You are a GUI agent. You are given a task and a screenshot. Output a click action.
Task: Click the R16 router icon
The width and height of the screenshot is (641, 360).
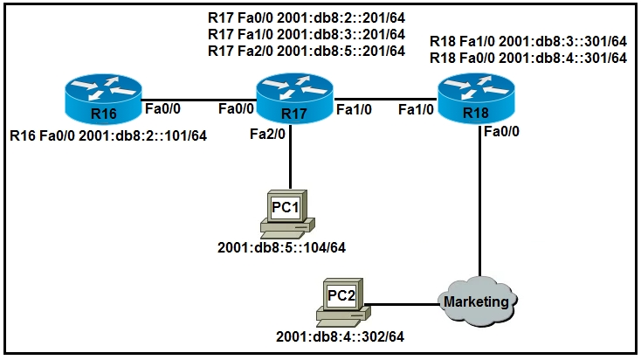(x=103, y=99)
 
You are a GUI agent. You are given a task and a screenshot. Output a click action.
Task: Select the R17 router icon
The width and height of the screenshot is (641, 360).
(x=295, y=99)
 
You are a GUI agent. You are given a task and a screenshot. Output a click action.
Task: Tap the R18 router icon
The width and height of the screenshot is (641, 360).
(x=476, y=98)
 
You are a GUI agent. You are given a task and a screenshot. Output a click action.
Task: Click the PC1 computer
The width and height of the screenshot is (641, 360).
(x=287, y=214)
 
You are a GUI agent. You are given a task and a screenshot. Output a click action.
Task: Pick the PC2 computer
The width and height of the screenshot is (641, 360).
(x=343, y=302)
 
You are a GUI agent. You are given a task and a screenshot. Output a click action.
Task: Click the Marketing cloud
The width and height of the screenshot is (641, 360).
(x=477, y=301)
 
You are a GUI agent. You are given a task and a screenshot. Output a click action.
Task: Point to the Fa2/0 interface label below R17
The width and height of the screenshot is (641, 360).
(x=268, y=134)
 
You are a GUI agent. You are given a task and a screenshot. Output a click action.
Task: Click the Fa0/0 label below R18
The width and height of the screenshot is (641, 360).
(x=501, y=131)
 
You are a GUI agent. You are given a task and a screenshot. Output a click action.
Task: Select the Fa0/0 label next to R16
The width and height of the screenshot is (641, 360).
(x=162, y=109)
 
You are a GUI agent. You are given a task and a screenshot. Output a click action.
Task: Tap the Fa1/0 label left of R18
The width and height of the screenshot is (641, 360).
(x=417, y=109)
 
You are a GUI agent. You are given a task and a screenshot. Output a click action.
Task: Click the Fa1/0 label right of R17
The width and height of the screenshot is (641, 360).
(x=354, y=109)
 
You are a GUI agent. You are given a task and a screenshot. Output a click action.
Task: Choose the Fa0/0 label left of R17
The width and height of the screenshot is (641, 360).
(x=237, y=109)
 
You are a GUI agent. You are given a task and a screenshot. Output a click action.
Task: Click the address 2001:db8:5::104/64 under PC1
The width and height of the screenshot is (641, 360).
(x=282, y=247)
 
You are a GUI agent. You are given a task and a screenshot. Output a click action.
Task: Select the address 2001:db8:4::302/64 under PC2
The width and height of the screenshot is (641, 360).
(x=340, y=336)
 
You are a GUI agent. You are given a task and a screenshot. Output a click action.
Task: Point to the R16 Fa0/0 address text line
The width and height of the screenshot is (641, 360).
(x=108, y=135)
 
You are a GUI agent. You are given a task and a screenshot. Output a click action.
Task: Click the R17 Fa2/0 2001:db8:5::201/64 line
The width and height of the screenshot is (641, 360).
(x=307, y=52)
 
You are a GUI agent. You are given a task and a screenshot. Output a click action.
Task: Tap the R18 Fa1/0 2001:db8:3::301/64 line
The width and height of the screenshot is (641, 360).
(x=528, y=41)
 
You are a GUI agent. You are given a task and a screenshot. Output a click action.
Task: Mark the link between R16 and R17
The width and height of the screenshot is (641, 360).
(x=199, y=100)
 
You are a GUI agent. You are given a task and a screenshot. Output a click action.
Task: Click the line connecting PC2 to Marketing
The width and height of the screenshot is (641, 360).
(x=402, y=304)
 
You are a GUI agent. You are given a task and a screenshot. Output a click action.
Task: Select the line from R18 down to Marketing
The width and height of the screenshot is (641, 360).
(x=480, y=201)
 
